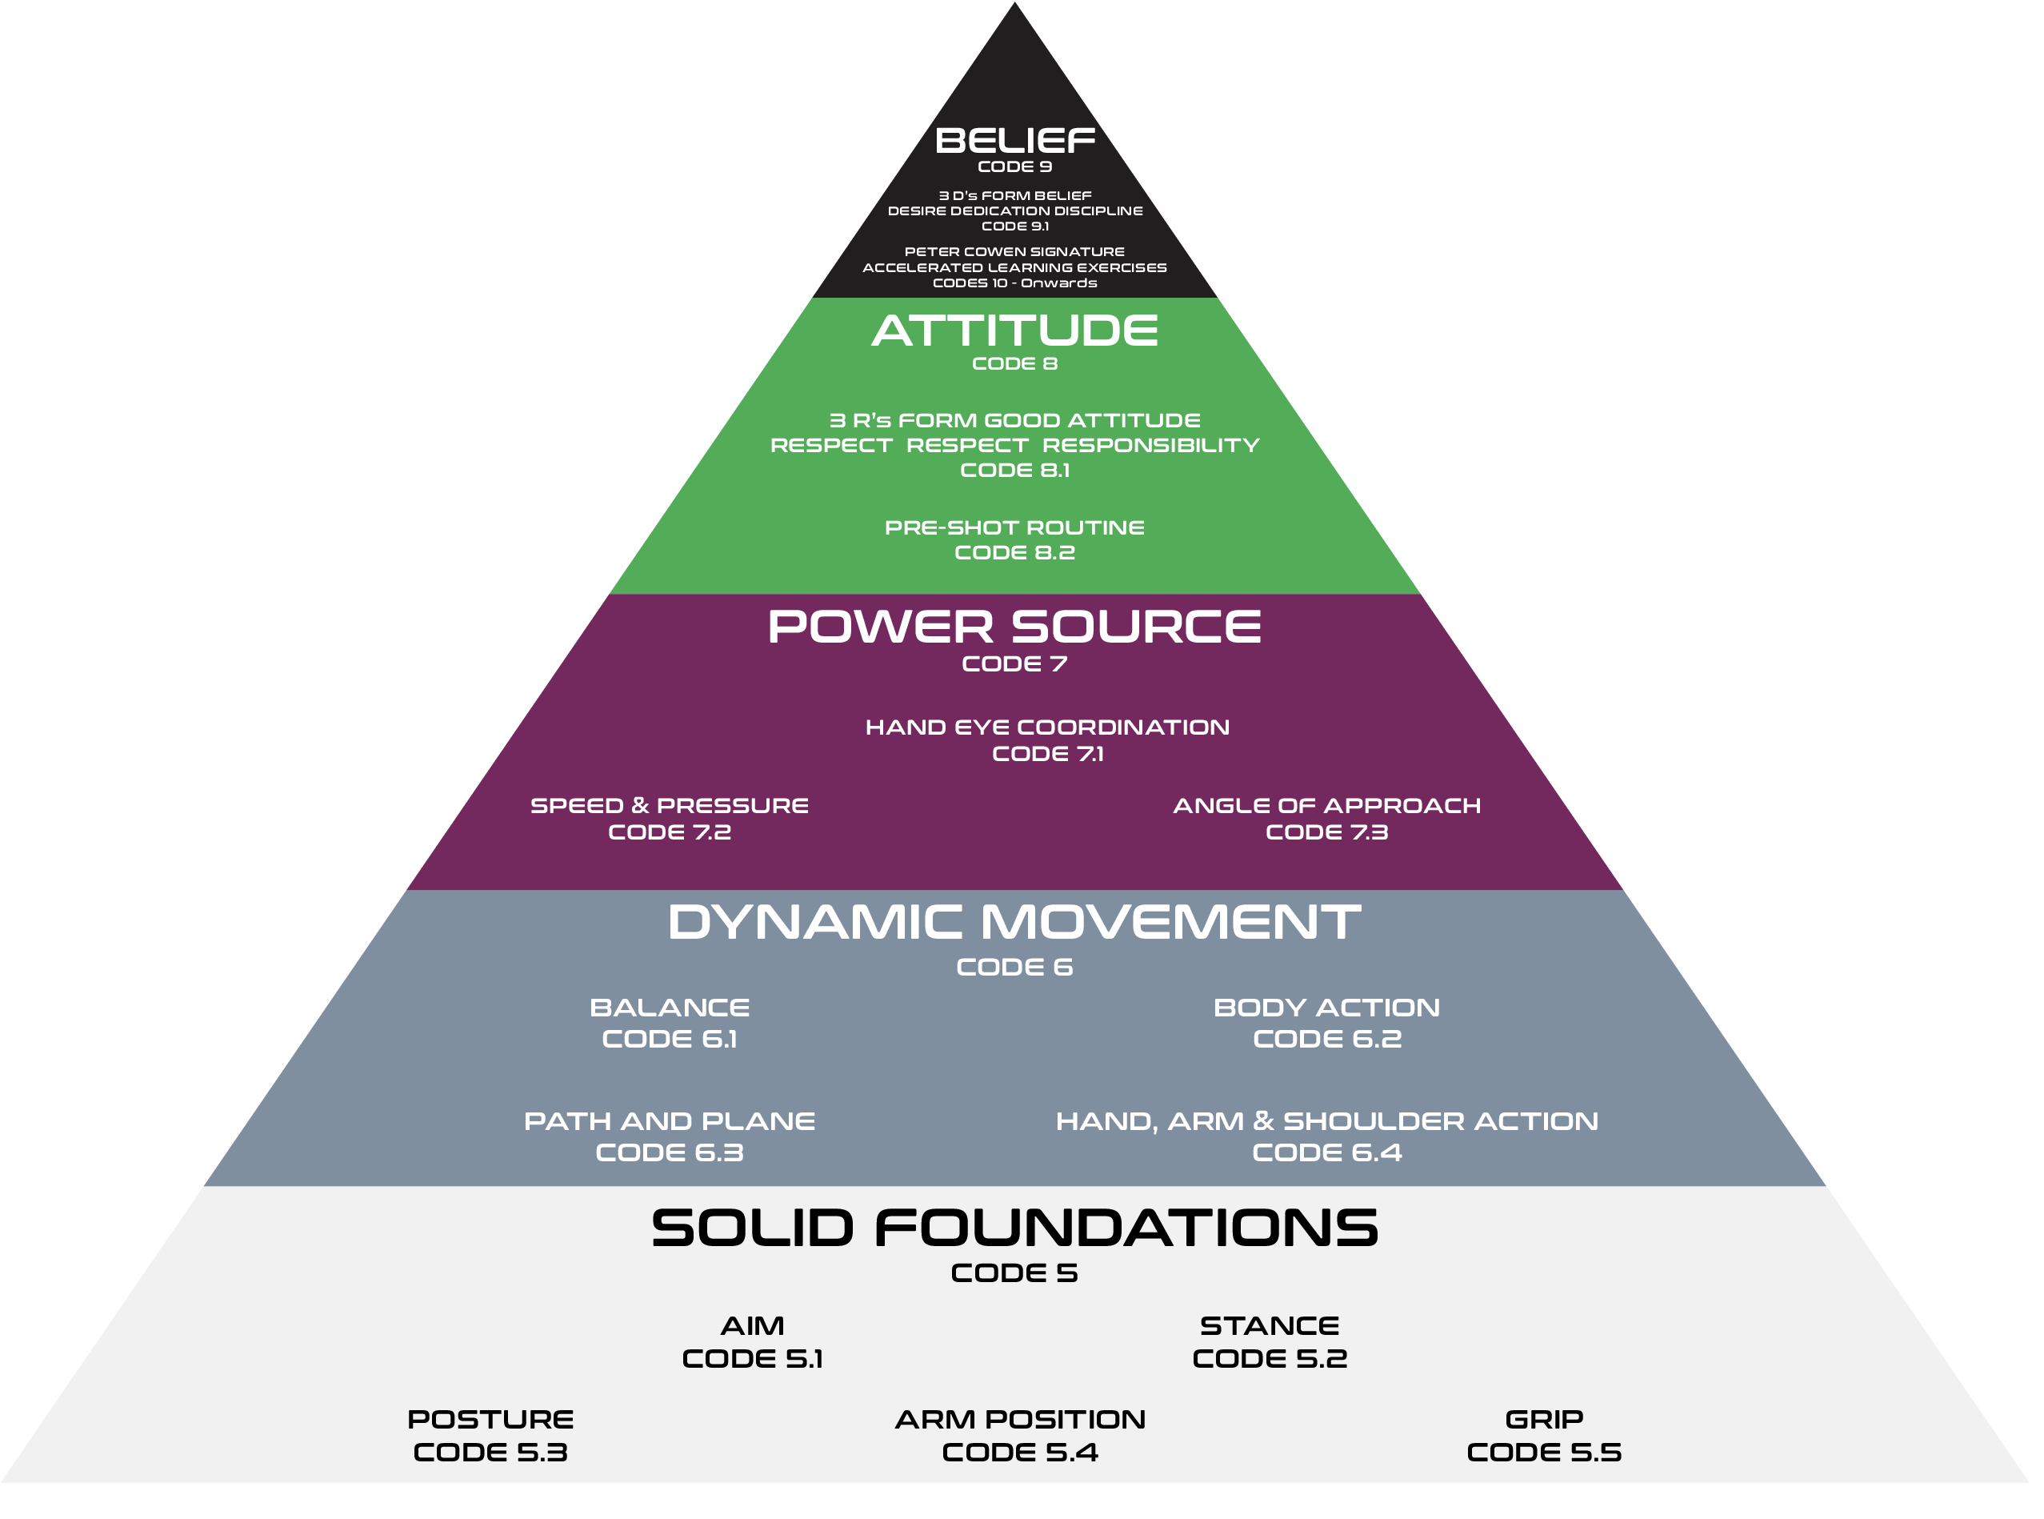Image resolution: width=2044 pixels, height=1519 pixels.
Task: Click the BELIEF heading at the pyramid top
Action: pyautogui.click(x=1014, y=141)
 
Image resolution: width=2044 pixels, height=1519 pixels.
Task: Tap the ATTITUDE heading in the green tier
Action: pyautogui.click(x=1014, y=331)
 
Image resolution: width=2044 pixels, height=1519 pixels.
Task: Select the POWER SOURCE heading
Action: pyautogui.click(x=1014, y=627)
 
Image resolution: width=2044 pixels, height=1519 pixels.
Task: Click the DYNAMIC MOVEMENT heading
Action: pyautogui.click(x=1014, y=922)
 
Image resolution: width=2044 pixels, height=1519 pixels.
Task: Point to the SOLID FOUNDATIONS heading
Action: pyautogui.click(x=1014, y=1228)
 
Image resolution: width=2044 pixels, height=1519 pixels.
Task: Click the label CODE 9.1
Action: pyautogui.click(x=1014, y=226)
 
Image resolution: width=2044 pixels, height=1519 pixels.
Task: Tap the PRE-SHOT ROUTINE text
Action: pyautogui.click(x=1014, y=527)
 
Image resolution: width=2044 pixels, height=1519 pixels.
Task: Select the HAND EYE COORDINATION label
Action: pyautogui.click(x=1047, y=727)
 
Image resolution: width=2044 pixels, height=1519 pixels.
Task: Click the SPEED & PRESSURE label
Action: pyautogui.click(x=669, y=805)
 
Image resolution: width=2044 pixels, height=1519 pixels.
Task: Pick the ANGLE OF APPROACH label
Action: pyautogui.click(x=1326, y=805)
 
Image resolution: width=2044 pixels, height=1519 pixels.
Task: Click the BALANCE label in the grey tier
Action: pyautogui.click(x=669, y=1008)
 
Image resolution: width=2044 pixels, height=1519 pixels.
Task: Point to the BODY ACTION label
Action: pyautogui.click(x=1326, y=1008)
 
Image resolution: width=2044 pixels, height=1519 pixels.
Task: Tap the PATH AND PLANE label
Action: pyautogui.click(x=669, y=1122)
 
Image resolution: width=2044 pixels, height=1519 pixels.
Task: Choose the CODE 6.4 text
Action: pyautogui.click(x=1326, y=1153)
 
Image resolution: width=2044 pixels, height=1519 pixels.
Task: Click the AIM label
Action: pyautogui.click(x=752, y=1326)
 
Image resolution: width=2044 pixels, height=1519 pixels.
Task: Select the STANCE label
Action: pyautogui.click(x=1270, y=1326)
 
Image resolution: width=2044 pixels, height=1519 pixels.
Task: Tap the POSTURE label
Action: pyautogui.click(x=490, y=1420)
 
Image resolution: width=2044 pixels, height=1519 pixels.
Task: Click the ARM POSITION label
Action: pyautogui.click(x=1020, y=1420)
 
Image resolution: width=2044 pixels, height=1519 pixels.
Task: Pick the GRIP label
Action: pyautogui.click(x=1543, y=1420)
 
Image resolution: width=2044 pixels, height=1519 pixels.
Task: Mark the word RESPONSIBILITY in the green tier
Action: pyautogui.click(x=1150, y=445)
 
